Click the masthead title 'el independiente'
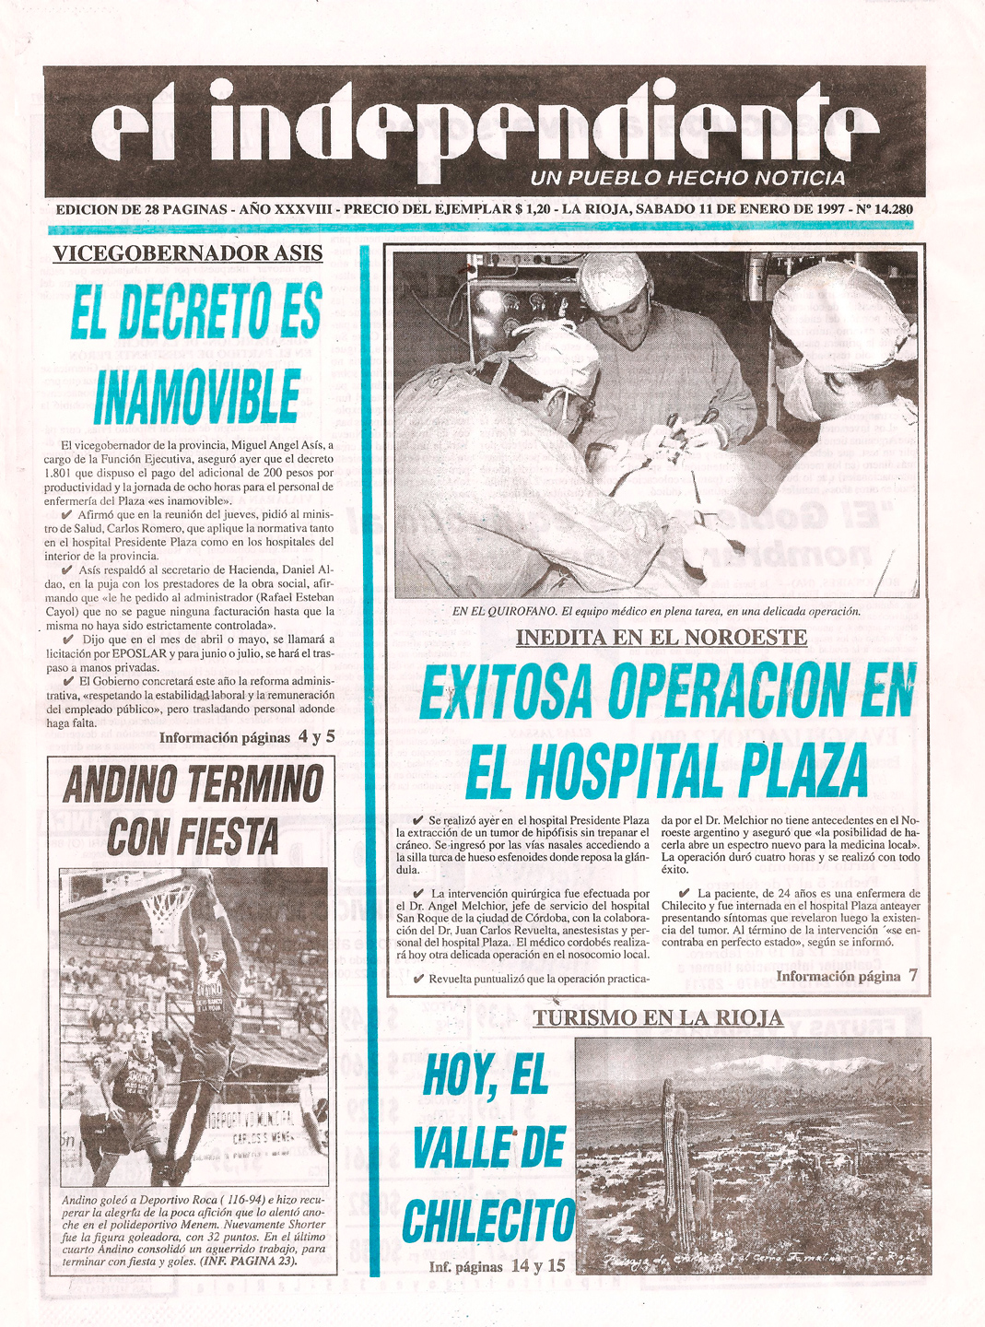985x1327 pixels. click(x=484, y=129)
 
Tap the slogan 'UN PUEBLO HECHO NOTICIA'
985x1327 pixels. click(x=687, y=178)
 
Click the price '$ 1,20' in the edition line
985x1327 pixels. click(x=534, y=209)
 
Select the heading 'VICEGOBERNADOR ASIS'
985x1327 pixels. click(x=188, y=253)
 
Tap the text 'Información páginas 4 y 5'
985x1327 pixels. click(x=247, y=737)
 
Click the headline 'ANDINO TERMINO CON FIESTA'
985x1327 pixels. click(x=193, y=811)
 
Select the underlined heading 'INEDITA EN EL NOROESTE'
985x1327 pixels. click(x=661, y=637)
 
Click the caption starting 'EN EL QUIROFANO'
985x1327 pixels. click(x=656, y=611)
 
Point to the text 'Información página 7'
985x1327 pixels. click(x=846, y=976)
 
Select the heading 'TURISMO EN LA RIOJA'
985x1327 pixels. click(x=658, y=1017)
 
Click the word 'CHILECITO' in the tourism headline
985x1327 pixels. click(x=488, y=1221)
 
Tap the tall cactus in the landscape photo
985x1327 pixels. click(x=675, y=1152)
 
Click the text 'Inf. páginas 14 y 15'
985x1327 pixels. click(x=497, y=1266)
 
